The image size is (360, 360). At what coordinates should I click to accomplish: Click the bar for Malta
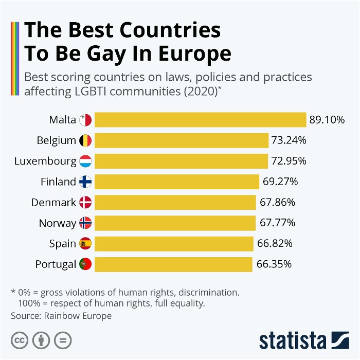[x=201, y=120]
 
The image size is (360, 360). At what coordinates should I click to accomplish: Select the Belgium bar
[x=182, y=140]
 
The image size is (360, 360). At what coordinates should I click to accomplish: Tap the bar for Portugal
[x=174, y=264]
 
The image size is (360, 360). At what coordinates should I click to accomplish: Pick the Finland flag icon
[x=85, y=182]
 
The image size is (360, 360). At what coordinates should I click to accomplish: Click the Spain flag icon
[x=85, y=244]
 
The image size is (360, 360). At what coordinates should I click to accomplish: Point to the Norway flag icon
[x=85, y=223]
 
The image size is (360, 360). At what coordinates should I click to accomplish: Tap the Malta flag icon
[x=85, y=120]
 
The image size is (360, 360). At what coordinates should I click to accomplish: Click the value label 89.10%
[x=327, y=120]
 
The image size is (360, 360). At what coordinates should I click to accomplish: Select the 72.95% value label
[x=289, y=161]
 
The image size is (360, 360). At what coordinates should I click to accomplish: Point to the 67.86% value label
[x=277, y=203]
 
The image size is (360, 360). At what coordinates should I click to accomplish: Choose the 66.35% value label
[x=274, y=264]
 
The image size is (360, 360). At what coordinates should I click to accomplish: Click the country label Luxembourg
[x=45, y=161]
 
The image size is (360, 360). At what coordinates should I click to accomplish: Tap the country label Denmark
[x=53, y=203]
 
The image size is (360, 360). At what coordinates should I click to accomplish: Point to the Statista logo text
[x=293, y=340]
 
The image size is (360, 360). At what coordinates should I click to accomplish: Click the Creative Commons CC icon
[x=20, y=340]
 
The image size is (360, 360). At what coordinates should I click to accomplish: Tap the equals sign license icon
[x=63, y=340]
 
